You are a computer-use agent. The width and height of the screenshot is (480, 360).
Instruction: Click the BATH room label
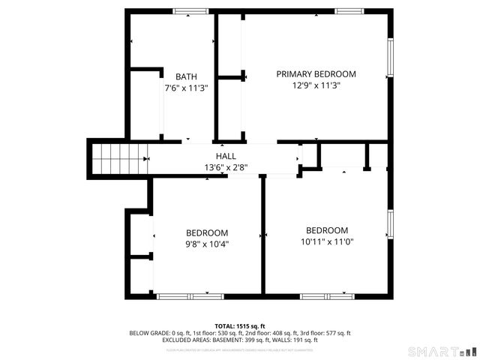click(x=186, y=76)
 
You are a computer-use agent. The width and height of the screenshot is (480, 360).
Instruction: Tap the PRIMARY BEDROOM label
click(x=316, y=74)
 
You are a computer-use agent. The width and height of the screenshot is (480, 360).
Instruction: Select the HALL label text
click(x=226, y=156)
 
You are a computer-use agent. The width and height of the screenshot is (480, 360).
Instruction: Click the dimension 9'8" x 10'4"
click(x=207, y=244)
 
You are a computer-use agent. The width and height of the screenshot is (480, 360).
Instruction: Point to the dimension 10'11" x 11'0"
click(x=327, y=241)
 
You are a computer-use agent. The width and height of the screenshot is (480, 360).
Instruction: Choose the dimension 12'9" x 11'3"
click(x=316, y=85)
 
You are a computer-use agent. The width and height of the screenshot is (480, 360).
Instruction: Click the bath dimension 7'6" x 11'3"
click(x=186, y=88)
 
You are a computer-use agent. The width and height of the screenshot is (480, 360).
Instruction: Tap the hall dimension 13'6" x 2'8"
click(x=226, y=167)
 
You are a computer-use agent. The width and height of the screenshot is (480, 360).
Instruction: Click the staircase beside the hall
click(x=117, y=159)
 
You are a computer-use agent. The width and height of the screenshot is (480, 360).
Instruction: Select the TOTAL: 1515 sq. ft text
click(x=240, y=326)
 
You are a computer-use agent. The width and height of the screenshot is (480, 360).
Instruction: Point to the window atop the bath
click(x=191, y=10)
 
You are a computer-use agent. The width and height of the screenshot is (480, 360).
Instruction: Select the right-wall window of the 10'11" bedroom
click(x=390, y=223)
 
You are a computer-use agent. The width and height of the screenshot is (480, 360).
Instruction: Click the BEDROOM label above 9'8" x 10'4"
click(x=207, y=232)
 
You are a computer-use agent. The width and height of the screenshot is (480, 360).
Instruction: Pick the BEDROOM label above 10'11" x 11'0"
click(x=327, y=230)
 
